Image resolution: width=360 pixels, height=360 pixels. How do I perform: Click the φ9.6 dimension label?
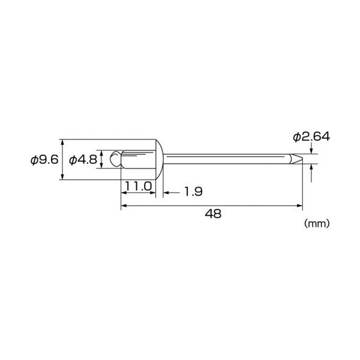coord(44,160)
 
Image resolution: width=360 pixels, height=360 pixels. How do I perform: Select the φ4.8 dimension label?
coord(83,160)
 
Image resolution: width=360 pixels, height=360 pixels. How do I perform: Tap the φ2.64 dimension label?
coord(311,137)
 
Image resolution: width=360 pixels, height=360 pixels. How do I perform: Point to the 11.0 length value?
coord(139,186)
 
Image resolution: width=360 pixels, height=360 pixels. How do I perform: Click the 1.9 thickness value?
coord(194,192)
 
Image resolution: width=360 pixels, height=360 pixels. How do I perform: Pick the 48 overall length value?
coord(213,214)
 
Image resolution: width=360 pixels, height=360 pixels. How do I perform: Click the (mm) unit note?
coord(317,223)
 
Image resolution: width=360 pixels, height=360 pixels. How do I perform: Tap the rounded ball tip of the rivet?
coord(115,158)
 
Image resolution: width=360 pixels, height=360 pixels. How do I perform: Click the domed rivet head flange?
coord(159,160)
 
